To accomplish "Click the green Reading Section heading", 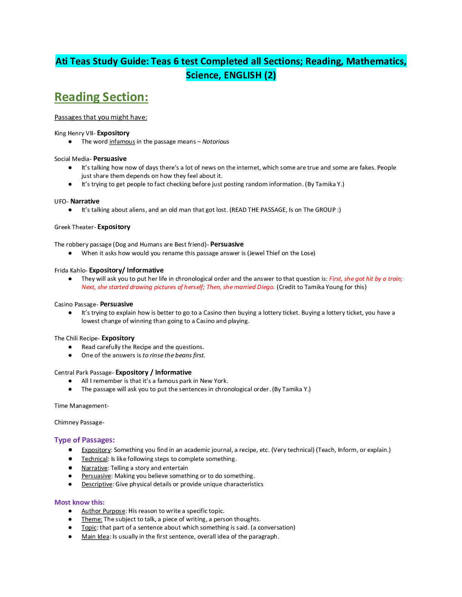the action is click(101, 97).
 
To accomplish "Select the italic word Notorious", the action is click(216, 141).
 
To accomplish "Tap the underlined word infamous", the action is click(122, 141).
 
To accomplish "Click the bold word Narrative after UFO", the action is click(85, 201).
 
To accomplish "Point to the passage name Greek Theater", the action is click(74, 227).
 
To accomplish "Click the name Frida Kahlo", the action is click(70, 270).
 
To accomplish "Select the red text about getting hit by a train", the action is click(366, 279).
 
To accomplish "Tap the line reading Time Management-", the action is click(82, 406).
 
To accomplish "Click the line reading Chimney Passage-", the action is click(79, 422).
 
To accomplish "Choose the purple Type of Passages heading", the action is click(85, 440).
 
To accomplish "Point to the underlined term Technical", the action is click(94, 459).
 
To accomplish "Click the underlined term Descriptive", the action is click(97, 484).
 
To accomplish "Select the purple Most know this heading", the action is click(79, 502).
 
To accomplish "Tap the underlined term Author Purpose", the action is click(103, 511).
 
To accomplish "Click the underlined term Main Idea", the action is click(95, 537).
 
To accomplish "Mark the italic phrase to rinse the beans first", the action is click(174, 355).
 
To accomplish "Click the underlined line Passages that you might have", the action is click(101, 117).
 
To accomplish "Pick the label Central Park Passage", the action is click(83, 372).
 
